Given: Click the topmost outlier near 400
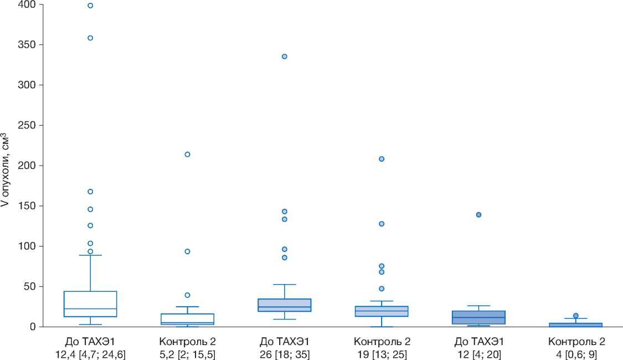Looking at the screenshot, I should tap(90, 6).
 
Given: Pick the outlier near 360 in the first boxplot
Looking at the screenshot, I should tap(90, 38).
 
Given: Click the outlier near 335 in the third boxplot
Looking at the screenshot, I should tap(285, 56).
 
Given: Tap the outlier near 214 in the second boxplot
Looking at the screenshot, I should tap(187, 155).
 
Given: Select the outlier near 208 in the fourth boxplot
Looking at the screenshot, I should tap(382, 159).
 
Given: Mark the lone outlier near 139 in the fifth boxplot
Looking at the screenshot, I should tap(478, 215).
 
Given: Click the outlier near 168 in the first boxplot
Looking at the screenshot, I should tap(90, 192).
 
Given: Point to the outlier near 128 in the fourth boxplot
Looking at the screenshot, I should tap(382, 224).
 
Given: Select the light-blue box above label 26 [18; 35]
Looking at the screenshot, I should tap(285, 305).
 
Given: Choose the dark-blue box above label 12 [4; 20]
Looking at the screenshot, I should tap(478, 317).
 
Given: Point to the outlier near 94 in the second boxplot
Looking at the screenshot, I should tap(187, 251).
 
